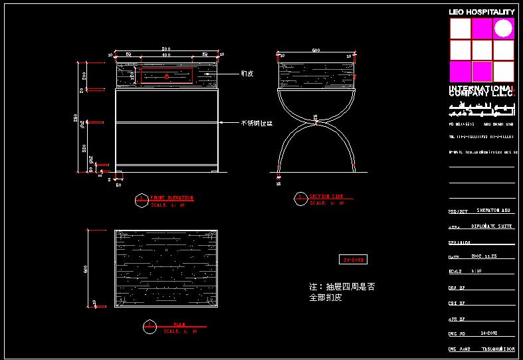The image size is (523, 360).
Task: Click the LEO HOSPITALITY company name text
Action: (x=482, y=12)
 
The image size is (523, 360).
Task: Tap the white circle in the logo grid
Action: (x=503, y=28)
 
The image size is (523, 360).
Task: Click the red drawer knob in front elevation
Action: (x=167, y=76)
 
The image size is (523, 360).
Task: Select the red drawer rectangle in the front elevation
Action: (x=167, y=76)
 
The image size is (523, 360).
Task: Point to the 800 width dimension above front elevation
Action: (x=166, y=50)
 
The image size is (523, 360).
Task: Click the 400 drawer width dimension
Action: (x=166, y=55)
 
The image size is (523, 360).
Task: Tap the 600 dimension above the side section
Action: (x=316, y=50)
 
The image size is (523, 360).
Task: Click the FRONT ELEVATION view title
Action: (x=171, y=198)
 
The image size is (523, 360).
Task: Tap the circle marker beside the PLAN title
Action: (x=150, y=325)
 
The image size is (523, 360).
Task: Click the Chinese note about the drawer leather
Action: (x=342, y=292)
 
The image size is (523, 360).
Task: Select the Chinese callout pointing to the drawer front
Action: (x=248, y=74)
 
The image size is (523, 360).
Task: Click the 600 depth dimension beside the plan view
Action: (x=86, y=269)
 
